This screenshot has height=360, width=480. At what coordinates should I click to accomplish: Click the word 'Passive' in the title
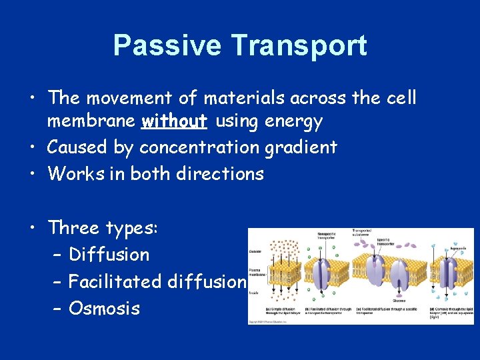pyautogui.click(x=167, y=45)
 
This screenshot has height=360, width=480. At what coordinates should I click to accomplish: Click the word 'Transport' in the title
pyautogui.click(x=299, y=45)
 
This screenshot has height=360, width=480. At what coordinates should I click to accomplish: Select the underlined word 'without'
pyautogui.click(x=174, y=121)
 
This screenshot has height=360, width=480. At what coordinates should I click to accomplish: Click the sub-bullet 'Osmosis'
pyautogui.click(x=104, y=308)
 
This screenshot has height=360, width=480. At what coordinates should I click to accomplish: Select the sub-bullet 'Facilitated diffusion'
pyautogui.click(x=157, y=281)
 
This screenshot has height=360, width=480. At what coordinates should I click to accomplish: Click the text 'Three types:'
pyautogui.click(x=103, y=227)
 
